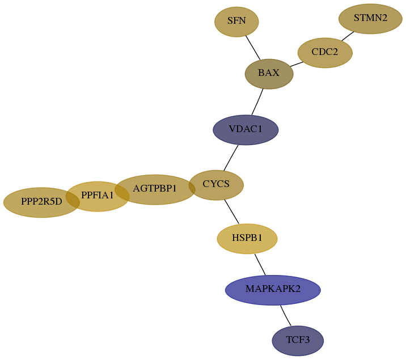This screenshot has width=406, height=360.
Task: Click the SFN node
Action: click(236, 22)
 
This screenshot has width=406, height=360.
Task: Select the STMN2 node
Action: click(370, 19)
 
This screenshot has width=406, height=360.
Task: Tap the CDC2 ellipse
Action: click(325, 53)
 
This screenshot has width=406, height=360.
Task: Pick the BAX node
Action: click(269, 74)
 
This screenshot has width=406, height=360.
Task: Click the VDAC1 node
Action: click(246, 130)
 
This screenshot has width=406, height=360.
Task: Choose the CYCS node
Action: click(216, 185)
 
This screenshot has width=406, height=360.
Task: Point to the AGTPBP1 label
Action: click(155, 188)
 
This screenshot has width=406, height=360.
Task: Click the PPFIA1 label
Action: click(98, 195)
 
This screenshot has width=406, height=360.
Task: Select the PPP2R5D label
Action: click(41, 201)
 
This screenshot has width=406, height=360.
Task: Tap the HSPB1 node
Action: click(247, 239)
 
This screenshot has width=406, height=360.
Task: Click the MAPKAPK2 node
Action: click(273, 290)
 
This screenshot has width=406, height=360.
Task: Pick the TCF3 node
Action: click(298, 341)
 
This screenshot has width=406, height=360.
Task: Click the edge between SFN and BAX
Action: click(253, 48)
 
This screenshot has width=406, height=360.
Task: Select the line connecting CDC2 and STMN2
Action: click(348, 36)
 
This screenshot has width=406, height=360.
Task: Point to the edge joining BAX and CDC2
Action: click(297, 64)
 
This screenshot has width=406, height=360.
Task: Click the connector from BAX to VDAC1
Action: click(257, 102)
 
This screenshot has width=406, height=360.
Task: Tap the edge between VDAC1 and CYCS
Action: click(231, 158)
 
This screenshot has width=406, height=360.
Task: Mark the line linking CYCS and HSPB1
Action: click(232, 211)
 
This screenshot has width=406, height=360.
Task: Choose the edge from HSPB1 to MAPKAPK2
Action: click(260, 265)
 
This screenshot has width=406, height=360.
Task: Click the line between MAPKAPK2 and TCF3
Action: click(285, 316)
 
